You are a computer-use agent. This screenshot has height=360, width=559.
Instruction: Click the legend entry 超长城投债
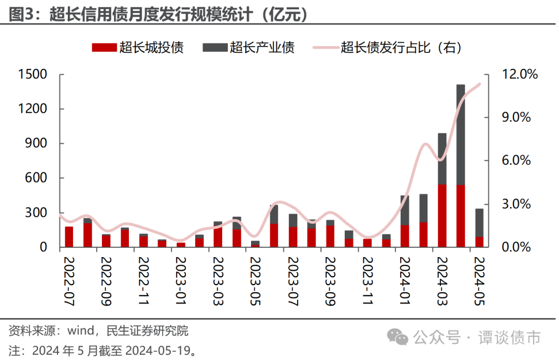coord(138,48)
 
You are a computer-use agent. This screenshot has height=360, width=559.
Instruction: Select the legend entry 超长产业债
coord(248,48)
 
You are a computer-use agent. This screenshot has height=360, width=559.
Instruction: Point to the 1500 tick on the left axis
coord(32,74)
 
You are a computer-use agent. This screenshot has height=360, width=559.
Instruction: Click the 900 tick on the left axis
coord(37,143)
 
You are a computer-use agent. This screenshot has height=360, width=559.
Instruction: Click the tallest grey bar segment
coord(461,134)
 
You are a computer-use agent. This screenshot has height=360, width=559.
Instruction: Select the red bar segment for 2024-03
coord(442,216)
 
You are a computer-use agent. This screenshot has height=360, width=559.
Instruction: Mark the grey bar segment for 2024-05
coord(479,222)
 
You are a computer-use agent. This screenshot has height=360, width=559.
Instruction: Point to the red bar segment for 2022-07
coord(69,237)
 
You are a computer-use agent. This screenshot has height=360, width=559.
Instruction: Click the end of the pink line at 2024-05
coord(480,84)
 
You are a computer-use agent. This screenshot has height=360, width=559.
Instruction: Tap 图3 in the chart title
coord(22,14)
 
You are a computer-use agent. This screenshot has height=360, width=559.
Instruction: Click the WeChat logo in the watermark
coord(401,338)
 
